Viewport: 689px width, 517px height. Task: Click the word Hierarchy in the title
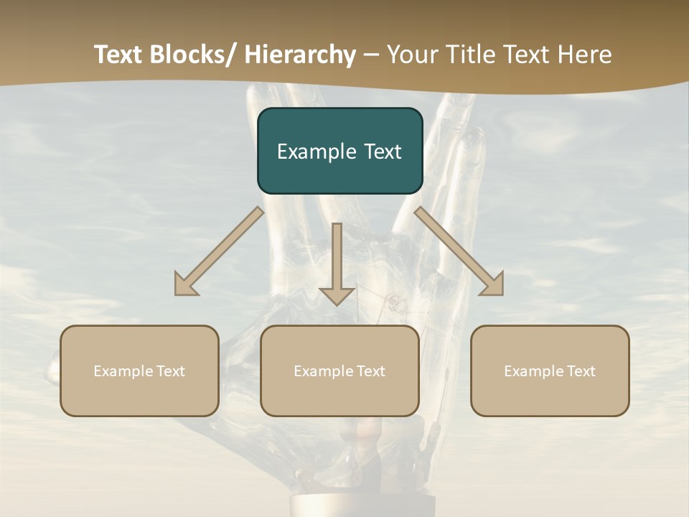pyautogui.click(x=300, y=55)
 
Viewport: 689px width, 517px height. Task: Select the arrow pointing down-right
pyautogui.click(x=460, y=252)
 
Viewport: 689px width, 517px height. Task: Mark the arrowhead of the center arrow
pyautogui.click(x=337, y=294)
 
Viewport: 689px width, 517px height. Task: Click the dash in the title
pyautogui.click(x=371, y=55)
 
